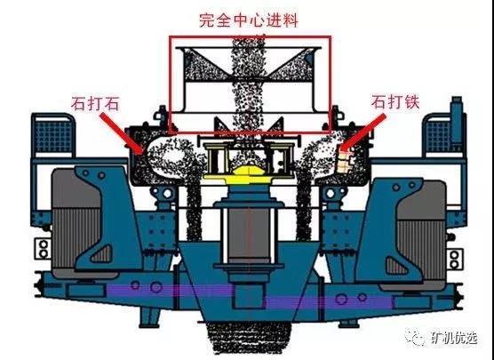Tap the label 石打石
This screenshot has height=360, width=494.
pos(95,103)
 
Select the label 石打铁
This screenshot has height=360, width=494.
pos(395,102)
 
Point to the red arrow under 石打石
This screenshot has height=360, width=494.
pos(122,133)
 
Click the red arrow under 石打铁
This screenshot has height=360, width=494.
pos(363,132)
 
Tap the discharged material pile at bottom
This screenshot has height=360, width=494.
pos(249,337)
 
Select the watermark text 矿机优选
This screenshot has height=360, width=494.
pos(454,339)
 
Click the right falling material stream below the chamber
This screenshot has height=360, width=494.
pos(304,208)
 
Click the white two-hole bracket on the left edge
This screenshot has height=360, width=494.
pos(43,249)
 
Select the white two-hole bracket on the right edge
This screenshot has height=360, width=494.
pos(455,260)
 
